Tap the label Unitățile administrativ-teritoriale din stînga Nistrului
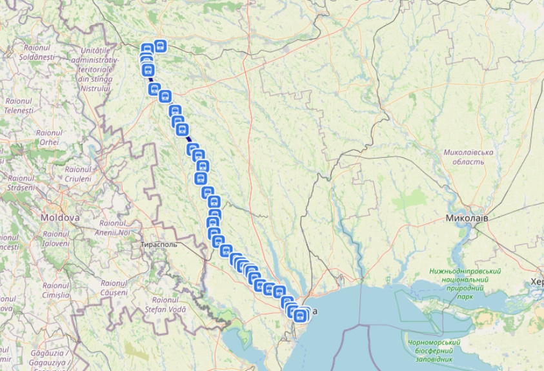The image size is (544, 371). coord(96,69)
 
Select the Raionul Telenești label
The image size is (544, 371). coord(19,106)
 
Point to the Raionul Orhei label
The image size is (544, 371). coord(49,137)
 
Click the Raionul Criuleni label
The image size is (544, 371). coord(78,173)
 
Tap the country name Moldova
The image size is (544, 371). coord(60,218)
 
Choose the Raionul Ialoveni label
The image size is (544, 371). coord(55,238)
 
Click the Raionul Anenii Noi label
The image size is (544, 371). coord(112,227)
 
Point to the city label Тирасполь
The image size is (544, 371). coord(159,245)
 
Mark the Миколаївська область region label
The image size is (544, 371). coord(468,157)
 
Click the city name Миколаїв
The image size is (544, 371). coord(467,219)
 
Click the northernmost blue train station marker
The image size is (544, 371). coord(160,46)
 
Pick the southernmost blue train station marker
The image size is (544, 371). coord(299,316)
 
